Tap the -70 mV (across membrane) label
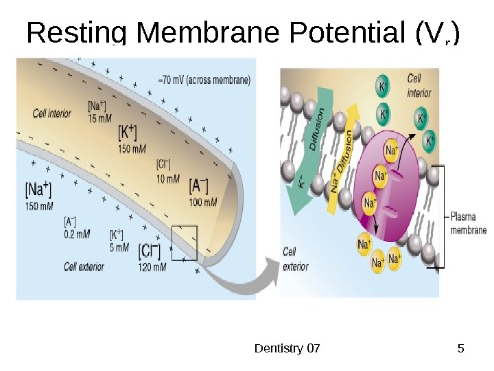coord(204,79)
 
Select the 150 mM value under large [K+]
coord(132,149)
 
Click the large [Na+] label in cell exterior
coord(38,189)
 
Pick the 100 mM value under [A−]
coord(203,202)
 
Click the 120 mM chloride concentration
coord(152,267)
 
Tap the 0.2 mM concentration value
coord(76,234)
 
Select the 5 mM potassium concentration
coord(119,247)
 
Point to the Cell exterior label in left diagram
coord(84,266)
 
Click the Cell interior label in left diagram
coord(52,113)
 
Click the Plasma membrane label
coord(469,223)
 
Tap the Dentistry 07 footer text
coord(287,348)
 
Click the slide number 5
coord(460,348)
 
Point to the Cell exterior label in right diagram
coord(296,259)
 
